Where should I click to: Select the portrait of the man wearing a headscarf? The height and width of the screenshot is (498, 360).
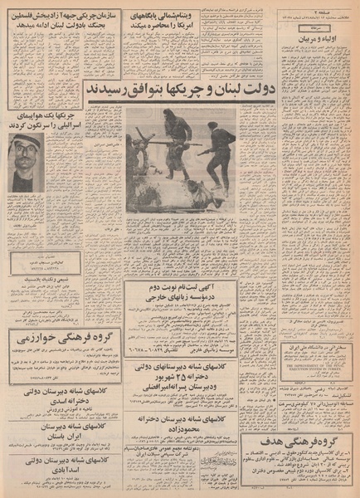point(24,158)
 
